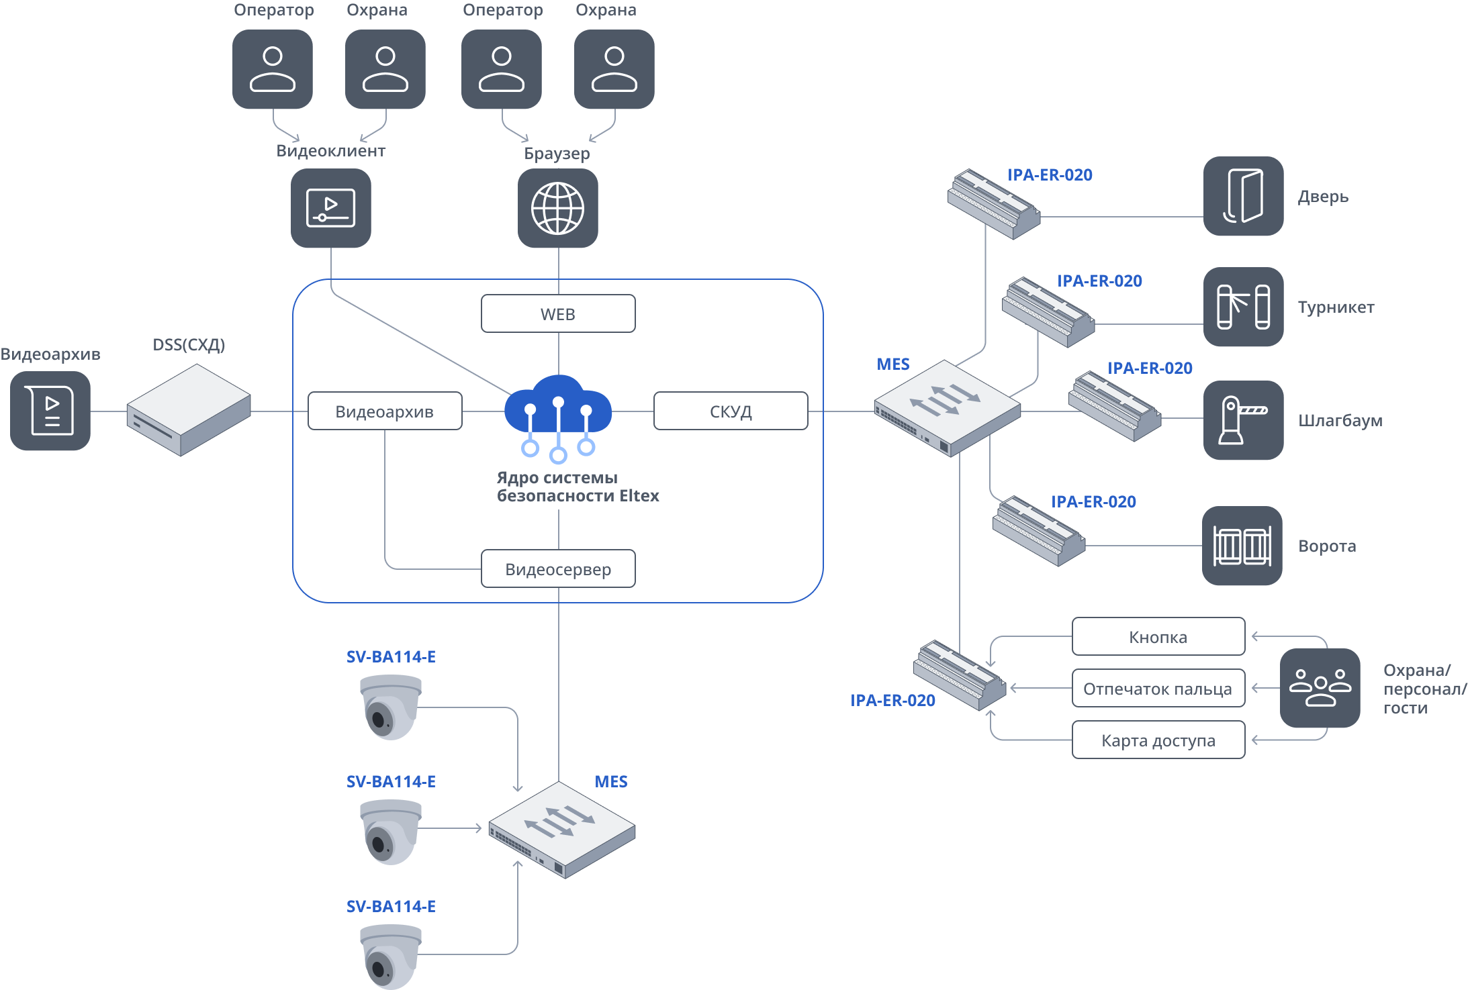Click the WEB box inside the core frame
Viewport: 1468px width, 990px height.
click(558, 313)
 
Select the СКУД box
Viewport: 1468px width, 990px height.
click(731, 411)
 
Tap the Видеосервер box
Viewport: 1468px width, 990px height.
click(558, 569)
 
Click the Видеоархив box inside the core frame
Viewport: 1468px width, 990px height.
click(385, 411)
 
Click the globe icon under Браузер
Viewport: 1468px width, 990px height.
click(558, 208)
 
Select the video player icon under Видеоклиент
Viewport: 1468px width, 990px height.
click(330, 208)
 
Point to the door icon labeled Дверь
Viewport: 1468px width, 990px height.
click(1243, 196)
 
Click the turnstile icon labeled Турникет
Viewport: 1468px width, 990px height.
click(1243, 307)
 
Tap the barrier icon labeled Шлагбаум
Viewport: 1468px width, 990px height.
click(1243, 420)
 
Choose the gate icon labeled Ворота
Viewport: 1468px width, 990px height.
click(1242, 546)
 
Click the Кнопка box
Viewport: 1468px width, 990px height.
click(1158, 636)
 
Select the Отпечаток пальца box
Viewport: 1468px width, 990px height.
click(1158, 689)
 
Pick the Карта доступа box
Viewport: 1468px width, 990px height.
click(1158, 740)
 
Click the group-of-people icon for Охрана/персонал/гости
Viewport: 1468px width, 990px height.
click(1320, 688)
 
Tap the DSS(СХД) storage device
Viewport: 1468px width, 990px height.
click(189, 409)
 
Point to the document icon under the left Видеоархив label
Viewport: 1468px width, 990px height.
click(50, 411)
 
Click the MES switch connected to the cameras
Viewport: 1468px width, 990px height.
click(562, 830)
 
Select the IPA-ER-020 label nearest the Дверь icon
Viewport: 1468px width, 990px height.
click(1050, 175)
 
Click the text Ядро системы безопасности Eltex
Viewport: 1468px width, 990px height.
click(578, 487)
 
